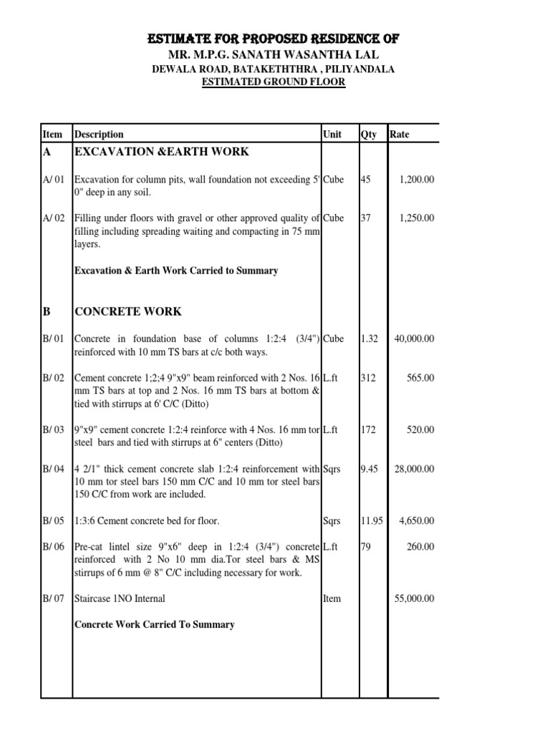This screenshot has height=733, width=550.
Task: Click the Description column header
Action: click(x=99, y=134)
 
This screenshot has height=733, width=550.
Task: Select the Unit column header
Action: click(x=332, y=134)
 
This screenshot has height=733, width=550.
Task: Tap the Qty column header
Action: click(x=368, y=134)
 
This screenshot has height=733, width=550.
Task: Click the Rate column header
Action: click(x=400, y=134)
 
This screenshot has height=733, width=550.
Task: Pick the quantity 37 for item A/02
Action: click(x=366, y=218)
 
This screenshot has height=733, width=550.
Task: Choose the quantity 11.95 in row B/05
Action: click(x=372, y=520)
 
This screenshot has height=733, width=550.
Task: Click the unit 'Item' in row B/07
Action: click(x=332, y=598)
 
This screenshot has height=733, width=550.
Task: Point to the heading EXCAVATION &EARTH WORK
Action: click(x=162, y=151)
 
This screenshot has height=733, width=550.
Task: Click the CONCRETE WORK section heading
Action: click(x=127, y=311)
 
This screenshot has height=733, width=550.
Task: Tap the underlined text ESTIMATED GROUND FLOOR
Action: click(x=274, y=82)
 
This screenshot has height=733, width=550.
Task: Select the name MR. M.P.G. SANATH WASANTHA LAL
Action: click(x=274, y=54)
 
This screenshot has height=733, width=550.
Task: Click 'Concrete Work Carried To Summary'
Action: click(x=154, y=624)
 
